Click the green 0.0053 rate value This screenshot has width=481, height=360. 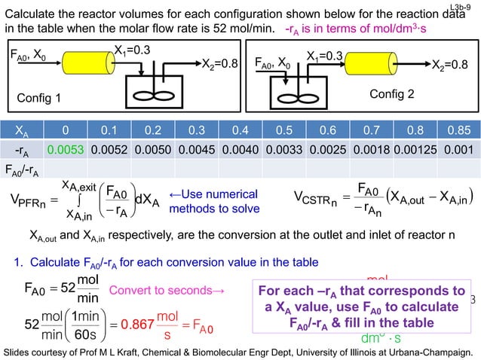(x=65, y=151)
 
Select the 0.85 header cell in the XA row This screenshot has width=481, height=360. (x=455, y=129)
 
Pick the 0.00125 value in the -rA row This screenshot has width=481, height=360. (x=414, y=151)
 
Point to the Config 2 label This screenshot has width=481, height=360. (x=391, y=94)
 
